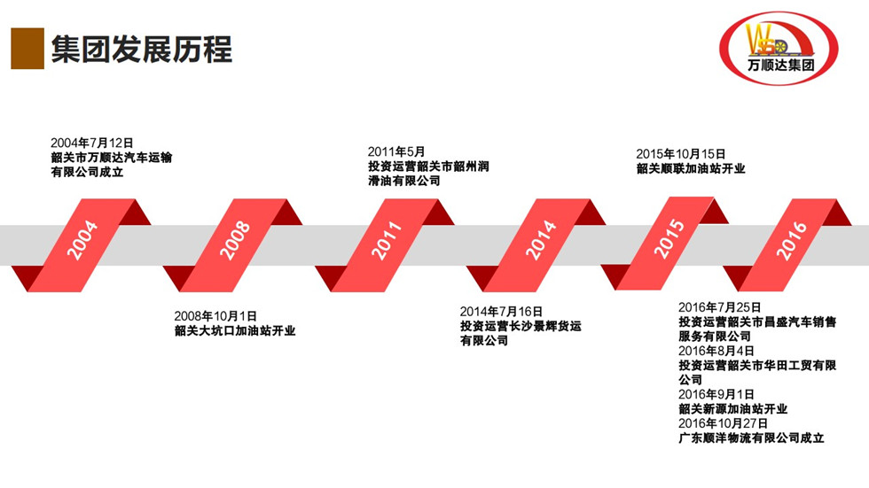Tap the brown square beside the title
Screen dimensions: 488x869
click(27, 48)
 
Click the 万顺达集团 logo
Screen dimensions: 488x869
click(780, 45)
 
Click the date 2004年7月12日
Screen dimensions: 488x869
click(92, 143)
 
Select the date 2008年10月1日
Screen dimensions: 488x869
click(215, 315)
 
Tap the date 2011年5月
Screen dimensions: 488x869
click(396, 151)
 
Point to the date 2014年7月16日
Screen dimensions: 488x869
click(501, 311)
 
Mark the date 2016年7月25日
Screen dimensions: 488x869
click(720, 307)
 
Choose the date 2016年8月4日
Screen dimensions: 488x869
click(716, 351)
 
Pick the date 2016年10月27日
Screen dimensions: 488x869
click(724, 423)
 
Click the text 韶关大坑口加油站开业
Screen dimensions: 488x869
click(235, 331)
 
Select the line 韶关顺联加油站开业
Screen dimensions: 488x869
click(691, 168)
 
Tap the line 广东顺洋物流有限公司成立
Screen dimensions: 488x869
click(752, 438)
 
